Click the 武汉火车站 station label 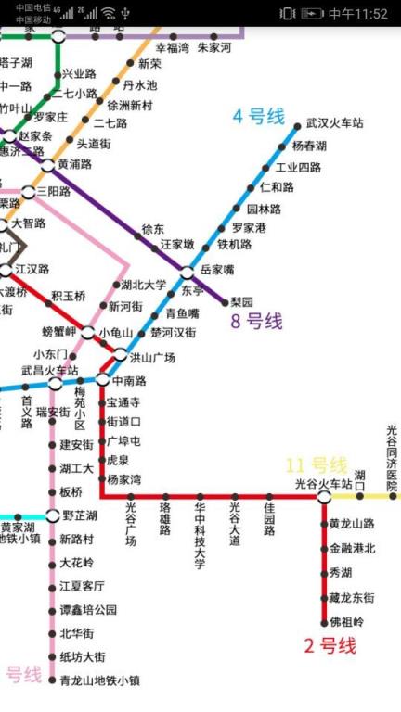(334, 124)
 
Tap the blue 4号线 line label (258, 117)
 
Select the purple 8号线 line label (257, 322)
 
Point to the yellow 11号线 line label (316, 464)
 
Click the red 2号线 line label (330, 646)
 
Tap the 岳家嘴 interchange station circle (188, 272)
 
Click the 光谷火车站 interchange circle (324, 497)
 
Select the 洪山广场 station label (152, 358)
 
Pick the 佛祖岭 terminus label (346, 622)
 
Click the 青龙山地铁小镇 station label (99, 680)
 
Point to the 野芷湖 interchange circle (52, 515)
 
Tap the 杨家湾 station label (123, 479)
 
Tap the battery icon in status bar (313, 14)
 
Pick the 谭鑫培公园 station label (88, 610)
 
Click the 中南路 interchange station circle (103, 379)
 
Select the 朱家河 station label (214, 47)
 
